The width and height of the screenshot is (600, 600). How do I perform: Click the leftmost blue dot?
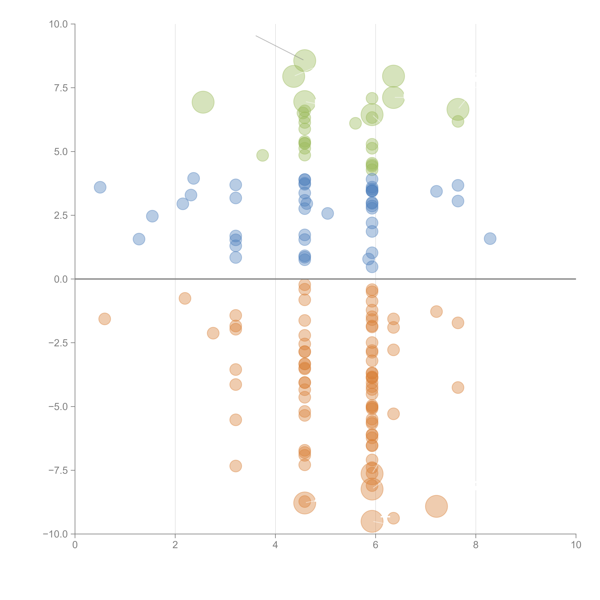coord(100,187)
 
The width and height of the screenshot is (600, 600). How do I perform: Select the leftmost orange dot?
coord(105,319)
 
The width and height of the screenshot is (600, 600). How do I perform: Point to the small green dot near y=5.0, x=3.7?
coord(262,155)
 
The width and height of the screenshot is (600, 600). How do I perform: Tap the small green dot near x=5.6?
coord(355,123)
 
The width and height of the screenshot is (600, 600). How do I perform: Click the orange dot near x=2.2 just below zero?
coord(185,298)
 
